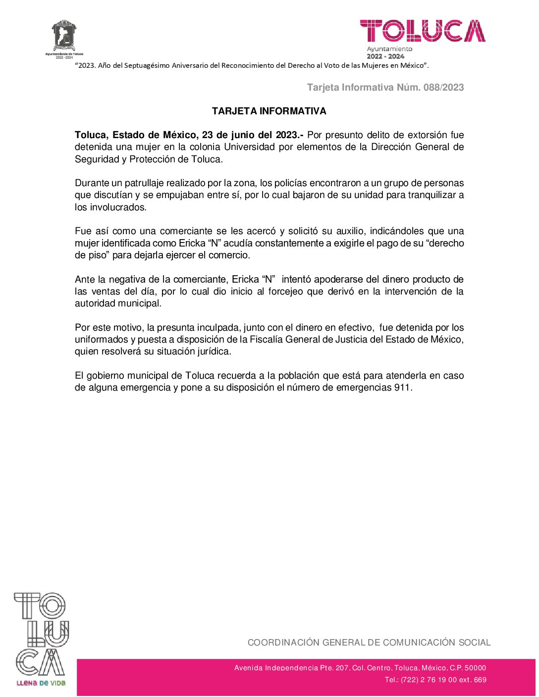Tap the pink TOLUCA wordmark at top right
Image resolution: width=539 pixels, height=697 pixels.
click(x=423, y=31)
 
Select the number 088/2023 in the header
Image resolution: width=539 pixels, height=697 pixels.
click(x=444, y=88)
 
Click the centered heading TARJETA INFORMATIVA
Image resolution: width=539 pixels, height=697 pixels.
click(x=269, y=111)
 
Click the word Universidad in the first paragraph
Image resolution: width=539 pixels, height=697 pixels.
click(x=249, y=147)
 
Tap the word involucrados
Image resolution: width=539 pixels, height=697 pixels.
click(x=118, y=207)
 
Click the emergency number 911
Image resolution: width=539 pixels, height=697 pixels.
click(x=402, y=388)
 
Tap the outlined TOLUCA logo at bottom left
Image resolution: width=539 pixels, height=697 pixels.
click(x=41, y=634)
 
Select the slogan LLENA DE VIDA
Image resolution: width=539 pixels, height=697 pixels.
click(x=41, y=683)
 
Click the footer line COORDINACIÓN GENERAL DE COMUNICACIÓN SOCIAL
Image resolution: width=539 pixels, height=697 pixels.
click(x=369, y=643)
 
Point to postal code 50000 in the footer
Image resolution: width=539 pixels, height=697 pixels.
click(x=476, y=668)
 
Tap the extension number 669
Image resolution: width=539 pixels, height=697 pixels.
click(x=480, y=680)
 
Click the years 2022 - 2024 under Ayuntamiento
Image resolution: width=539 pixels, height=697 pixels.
click(x=385, y=56)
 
